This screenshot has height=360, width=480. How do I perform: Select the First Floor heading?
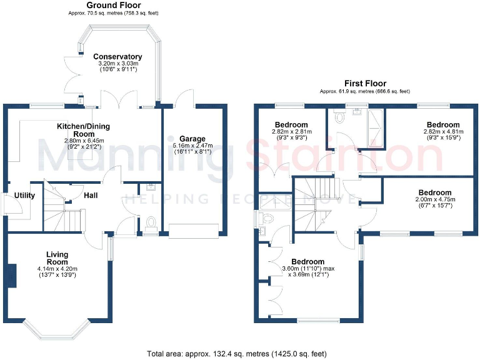(365, 83)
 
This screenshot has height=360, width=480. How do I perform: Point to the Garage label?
(192, 139)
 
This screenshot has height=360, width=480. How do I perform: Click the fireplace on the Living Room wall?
(11, 276)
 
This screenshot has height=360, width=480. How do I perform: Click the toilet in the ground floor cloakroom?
(150, 222)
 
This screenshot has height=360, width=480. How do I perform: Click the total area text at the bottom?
(237, 354)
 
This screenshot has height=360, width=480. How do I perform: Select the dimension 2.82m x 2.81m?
(290, 132)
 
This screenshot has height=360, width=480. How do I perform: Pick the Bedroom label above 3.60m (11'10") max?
(307, 262)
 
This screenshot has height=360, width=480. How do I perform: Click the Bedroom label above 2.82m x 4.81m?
(443, 125)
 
